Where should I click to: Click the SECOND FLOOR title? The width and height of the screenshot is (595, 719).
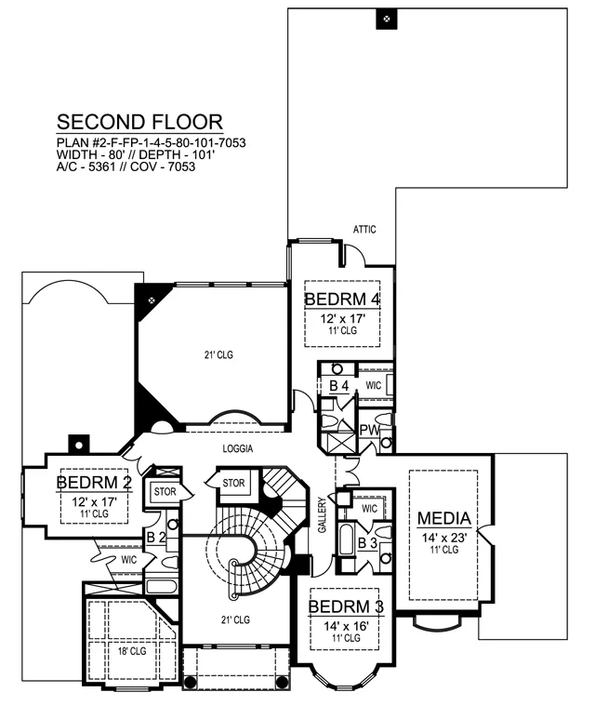(x=139, y=123)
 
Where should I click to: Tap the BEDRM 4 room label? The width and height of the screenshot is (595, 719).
(x=342, y=300)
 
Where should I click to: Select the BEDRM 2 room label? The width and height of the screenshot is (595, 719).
(x=94, y=483)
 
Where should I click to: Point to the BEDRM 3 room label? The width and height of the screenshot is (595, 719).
(x=346, y=606)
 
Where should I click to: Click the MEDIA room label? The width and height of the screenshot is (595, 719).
(x=444, y=519)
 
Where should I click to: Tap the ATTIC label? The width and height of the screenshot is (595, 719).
(x=364, y=229)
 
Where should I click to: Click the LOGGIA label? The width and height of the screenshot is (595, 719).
(x=238, y=448)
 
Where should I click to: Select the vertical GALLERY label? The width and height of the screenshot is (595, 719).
(x=323, y=515)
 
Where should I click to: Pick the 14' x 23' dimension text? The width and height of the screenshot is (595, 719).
(x=444, y=538)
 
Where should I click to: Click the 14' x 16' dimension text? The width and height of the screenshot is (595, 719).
(x=346, y=626)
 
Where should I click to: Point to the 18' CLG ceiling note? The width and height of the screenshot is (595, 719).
(x=132, y=651)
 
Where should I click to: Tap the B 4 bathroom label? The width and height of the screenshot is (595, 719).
(x=339, y=386)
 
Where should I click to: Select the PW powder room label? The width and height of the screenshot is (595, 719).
(x=369, y=431)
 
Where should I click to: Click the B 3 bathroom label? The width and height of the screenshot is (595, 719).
(x=367, y=543)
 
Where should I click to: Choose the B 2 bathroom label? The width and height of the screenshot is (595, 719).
(x=156, y=538)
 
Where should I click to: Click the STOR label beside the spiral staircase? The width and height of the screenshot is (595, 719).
(x=233, y=483)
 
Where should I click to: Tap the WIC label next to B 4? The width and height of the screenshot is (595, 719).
(x=374, y=386)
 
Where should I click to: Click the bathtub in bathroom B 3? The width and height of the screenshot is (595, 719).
(x=346, y=540)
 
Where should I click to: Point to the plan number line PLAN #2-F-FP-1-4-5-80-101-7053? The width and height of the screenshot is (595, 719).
(x=152, y=143)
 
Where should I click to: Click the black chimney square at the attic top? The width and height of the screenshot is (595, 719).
(x=387, y=19)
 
